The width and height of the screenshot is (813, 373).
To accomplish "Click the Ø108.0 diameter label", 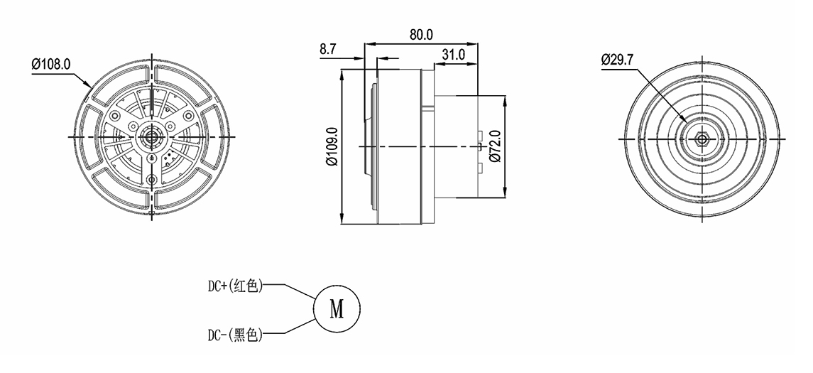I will (x=51, y=65).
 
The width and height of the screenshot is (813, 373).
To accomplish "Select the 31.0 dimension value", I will (x=453, y=55).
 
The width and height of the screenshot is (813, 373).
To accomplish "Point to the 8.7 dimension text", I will (x=328, y=49).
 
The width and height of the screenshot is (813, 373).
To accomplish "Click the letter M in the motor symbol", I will (x=337, y=309).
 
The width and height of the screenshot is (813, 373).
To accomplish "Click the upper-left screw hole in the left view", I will (x=114, y=115).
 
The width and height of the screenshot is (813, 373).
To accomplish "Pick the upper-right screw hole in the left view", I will (x=188, y=115).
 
